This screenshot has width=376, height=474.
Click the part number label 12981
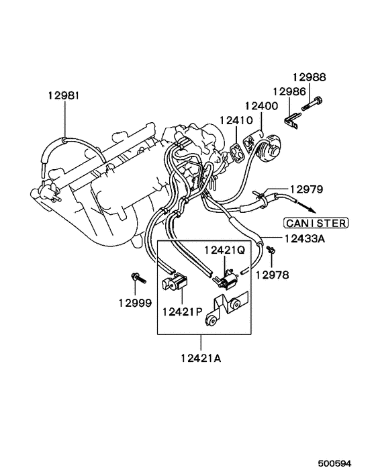[63, 96]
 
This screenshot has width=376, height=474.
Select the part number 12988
[309, 77]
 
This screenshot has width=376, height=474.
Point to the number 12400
[261, 106]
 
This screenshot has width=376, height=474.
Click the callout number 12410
[234, 120]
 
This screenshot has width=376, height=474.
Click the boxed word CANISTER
[314, 223]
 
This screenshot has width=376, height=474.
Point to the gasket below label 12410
[234, 151]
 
